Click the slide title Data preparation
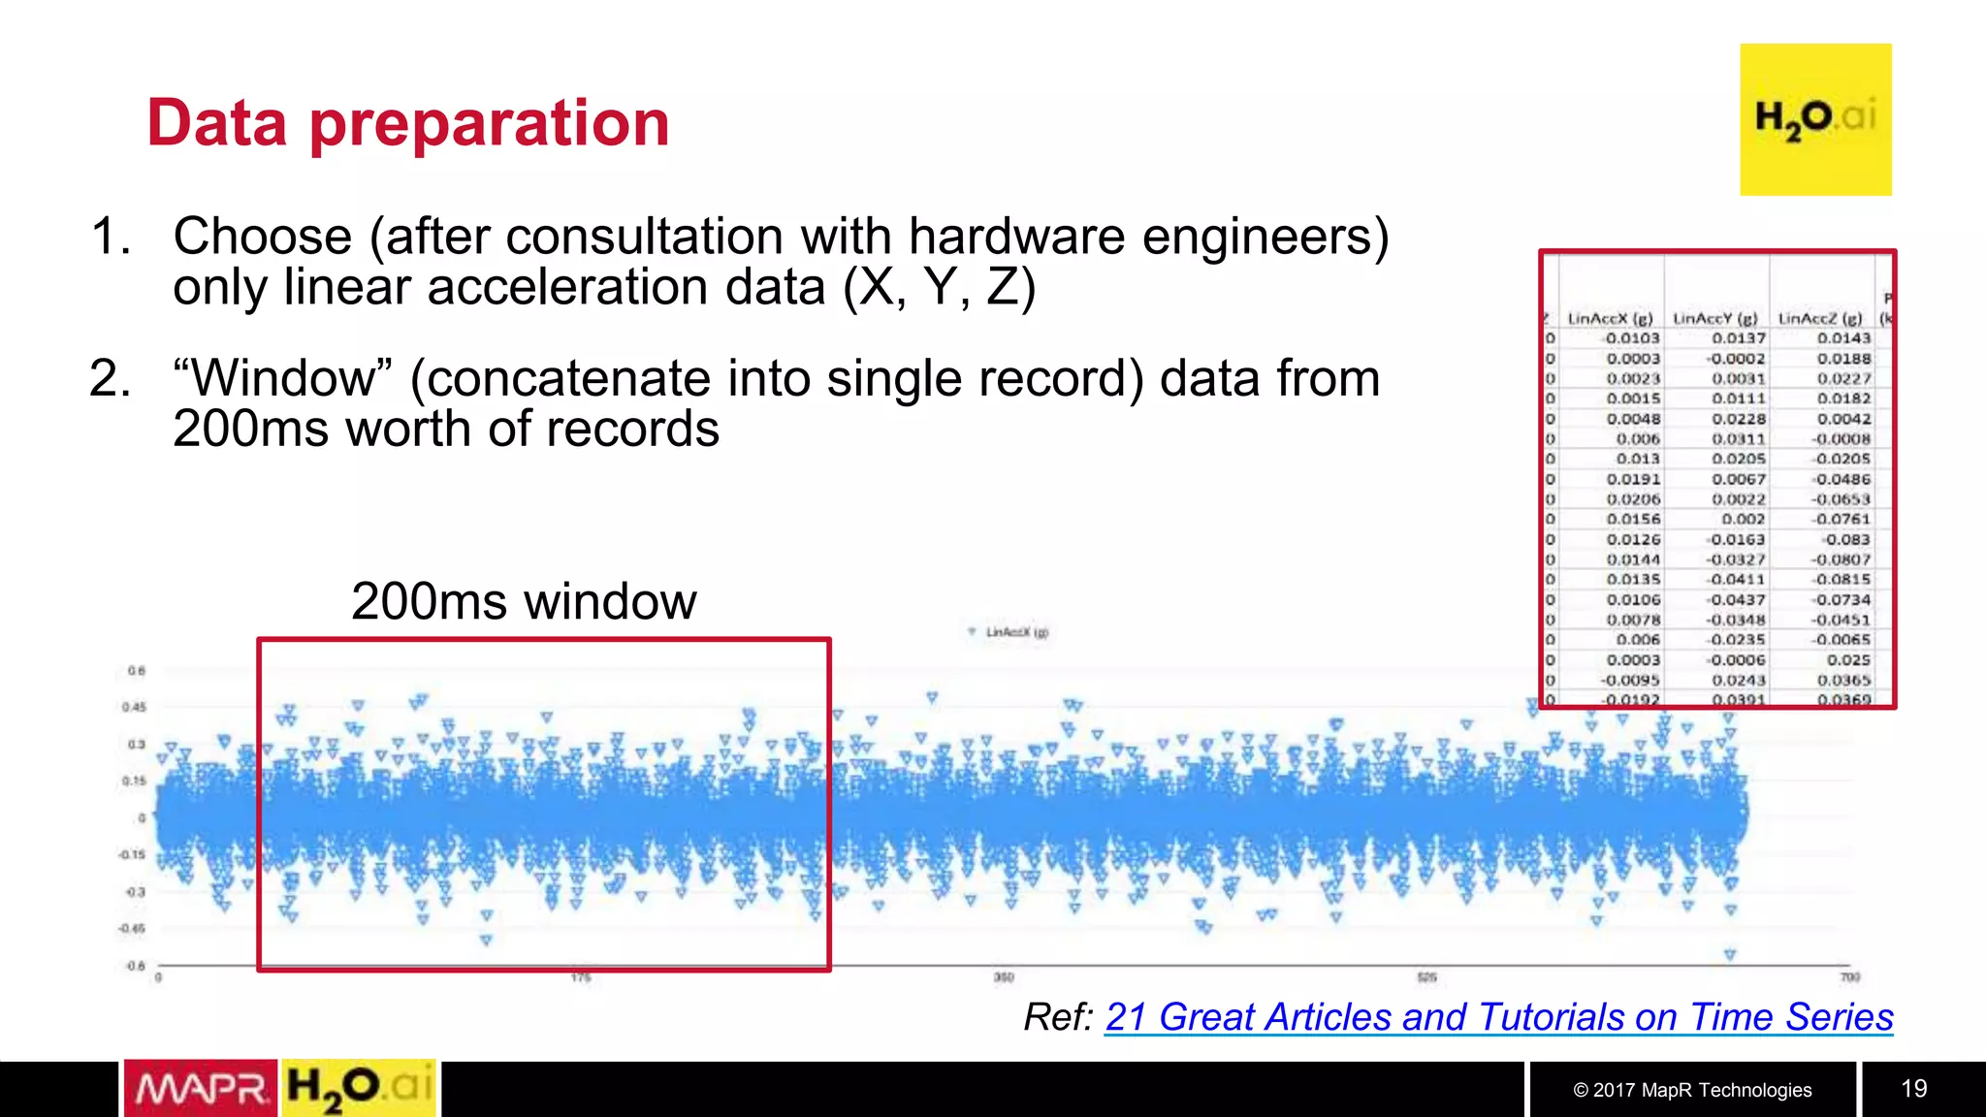pyautogui.click(x=407, y=123)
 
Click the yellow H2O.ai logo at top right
pyautogui.click(x=1815, y=119)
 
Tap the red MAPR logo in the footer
pyautogui.click(x=201, y=1089)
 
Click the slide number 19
pyautogui.click(x=1913, y=1089)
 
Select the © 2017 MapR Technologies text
pyautogui.click(x=1692, y=1090)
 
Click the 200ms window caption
pyautogui.click(x=524, y=601)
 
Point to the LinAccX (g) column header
pyautogui.click(x=1610, y=318)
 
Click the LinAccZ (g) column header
pyautogui.click(x=1820, y=318)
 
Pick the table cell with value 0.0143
pyautogui.click(x=1843, y=338)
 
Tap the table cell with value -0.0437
pyautogui.click(x=1736, y=600)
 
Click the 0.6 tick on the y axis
pyautogui.click(x=136, y=671)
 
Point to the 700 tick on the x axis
pyautogui.click(x=1849, y=977)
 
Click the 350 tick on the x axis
pyautogui.click(x=1004, y=977)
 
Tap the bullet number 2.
pyautogui.click(x=109, y=378)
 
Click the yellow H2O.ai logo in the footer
pyautogui.click(x=359, y=1089)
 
